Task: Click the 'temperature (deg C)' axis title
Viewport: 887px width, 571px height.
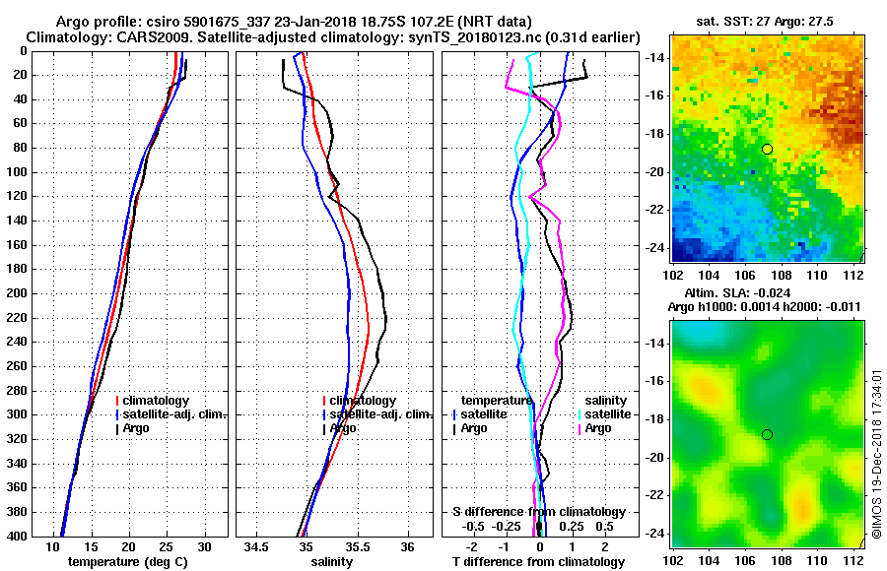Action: (127, 561)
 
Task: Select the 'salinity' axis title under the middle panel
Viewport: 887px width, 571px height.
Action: (332, 561)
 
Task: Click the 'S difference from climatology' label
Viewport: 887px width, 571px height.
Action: (539, 512)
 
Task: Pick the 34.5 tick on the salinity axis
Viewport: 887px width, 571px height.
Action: (257, 546)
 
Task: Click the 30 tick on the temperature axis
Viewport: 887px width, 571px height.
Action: (204, 546)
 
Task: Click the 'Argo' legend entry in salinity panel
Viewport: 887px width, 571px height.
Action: (342, 428)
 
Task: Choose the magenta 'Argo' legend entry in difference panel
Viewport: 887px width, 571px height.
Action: (597, 428)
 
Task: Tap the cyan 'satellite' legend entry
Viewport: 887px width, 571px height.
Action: (607, 414)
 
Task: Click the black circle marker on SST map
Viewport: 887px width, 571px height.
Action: (767, 149)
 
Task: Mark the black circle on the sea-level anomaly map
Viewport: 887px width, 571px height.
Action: (767, 434)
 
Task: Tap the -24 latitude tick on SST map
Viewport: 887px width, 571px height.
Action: (651, 247)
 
